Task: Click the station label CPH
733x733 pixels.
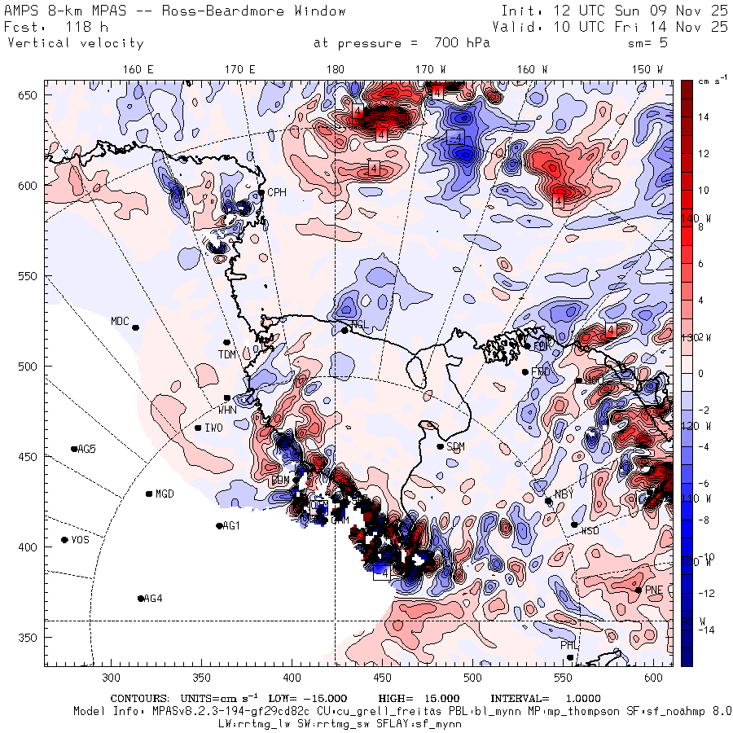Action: point(277,193)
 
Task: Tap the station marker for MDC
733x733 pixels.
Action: point(136,327)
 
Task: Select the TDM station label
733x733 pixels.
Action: point(226,353)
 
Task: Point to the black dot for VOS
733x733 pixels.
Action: point(64,540)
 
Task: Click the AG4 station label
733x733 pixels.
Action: point(152,599)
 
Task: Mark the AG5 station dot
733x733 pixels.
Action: point(74,449)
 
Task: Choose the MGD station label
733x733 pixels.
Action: point(165,494)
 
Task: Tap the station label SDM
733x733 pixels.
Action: point(456,447)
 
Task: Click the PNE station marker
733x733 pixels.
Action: point(639,590)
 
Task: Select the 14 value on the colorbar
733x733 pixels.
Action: point(704,117)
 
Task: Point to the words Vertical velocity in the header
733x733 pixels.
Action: point(75,43)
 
